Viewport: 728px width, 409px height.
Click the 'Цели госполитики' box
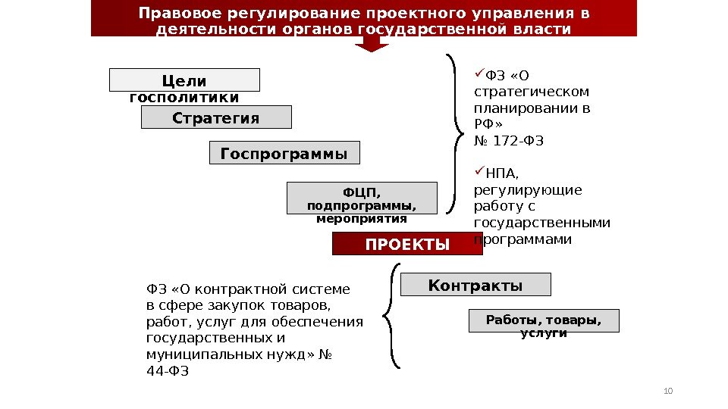[184, 80]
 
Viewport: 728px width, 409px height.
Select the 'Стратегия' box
[216, 117]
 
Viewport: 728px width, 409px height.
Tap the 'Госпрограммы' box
[284, 153]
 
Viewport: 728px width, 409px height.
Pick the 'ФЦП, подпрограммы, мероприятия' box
[362, 198]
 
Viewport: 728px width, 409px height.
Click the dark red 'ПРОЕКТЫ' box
[407, 244]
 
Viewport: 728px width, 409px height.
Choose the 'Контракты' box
[475, 285]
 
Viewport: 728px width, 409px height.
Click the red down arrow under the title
[372, 44]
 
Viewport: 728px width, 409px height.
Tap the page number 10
[667, 390]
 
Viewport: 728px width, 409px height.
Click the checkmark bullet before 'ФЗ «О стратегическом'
[479, 73]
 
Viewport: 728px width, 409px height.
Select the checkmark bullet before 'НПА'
[479, 173]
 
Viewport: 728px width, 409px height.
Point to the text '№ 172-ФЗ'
[509, 141]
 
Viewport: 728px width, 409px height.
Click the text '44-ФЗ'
[167, 371]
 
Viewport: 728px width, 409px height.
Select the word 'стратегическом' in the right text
[531, 92]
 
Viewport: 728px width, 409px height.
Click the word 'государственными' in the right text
[541, 223]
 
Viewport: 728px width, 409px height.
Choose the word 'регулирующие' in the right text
[528, 190]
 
